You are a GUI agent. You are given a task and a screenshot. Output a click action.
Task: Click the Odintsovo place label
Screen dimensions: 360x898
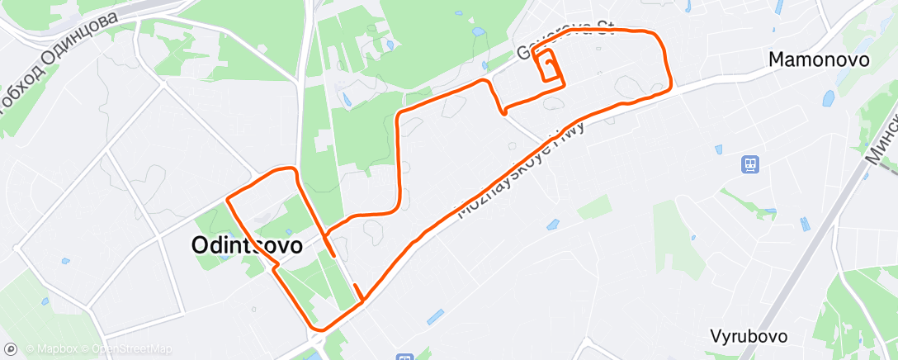click(247, 245)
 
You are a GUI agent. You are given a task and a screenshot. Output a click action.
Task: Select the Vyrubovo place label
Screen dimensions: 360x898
click(748, 336)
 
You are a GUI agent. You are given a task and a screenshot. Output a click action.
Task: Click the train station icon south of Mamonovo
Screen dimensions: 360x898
click(750, 164)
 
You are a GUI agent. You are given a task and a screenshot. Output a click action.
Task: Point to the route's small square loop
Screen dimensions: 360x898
click(548, 66)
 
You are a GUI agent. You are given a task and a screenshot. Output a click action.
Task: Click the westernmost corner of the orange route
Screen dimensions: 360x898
click(228, 200)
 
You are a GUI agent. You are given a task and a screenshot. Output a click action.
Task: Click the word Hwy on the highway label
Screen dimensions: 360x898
click(574, 135)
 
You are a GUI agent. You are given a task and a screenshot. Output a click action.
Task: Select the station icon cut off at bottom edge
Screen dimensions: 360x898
click(404, 357)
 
